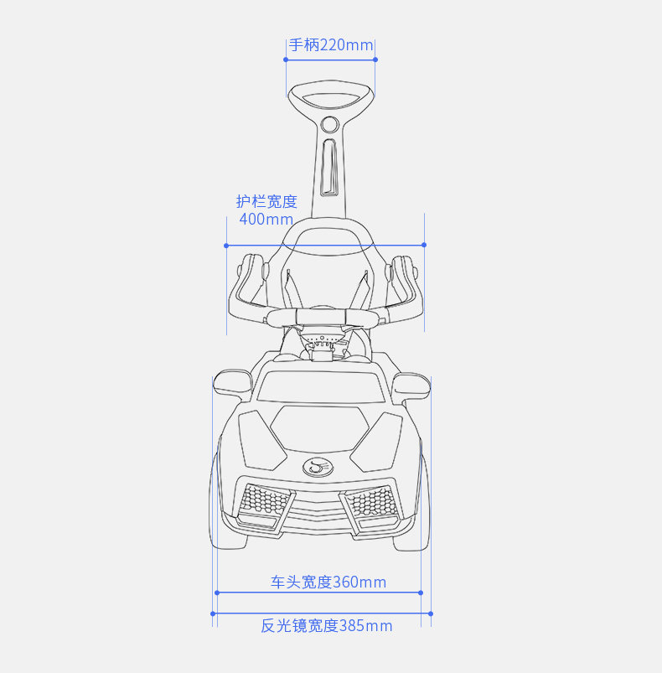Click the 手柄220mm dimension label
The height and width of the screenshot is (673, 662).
click(x=331, y=45)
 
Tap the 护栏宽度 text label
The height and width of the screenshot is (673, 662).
click(x=266, y=201)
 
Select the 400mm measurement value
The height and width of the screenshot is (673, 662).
click(x=266, y=220)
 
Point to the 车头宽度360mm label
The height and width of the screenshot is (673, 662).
click(x=328, y=582)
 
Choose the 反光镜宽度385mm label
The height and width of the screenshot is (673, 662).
click(x=326, y=625)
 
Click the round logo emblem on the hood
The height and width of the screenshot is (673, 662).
click(x=317, y=466)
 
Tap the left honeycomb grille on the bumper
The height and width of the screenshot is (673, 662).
click(x=264, y=503)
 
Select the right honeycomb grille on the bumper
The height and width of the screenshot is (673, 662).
click(x=371, y=503)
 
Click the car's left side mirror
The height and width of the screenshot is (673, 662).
click(x=231, y=383)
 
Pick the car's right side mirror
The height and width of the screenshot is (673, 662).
click(x=411, y=384)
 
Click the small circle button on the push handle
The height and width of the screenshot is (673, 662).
click(x=329, y=126)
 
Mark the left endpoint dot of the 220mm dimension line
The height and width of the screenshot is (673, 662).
click(x=287, y=60)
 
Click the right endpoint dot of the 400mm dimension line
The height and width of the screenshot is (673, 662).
click(x=424, y=245)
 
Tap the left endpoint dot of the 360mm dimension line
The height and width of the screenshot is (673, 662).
click(x=217, y=593)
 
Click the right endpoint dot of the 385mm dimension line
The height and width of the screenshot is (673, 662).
click(x=431, y=613)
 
